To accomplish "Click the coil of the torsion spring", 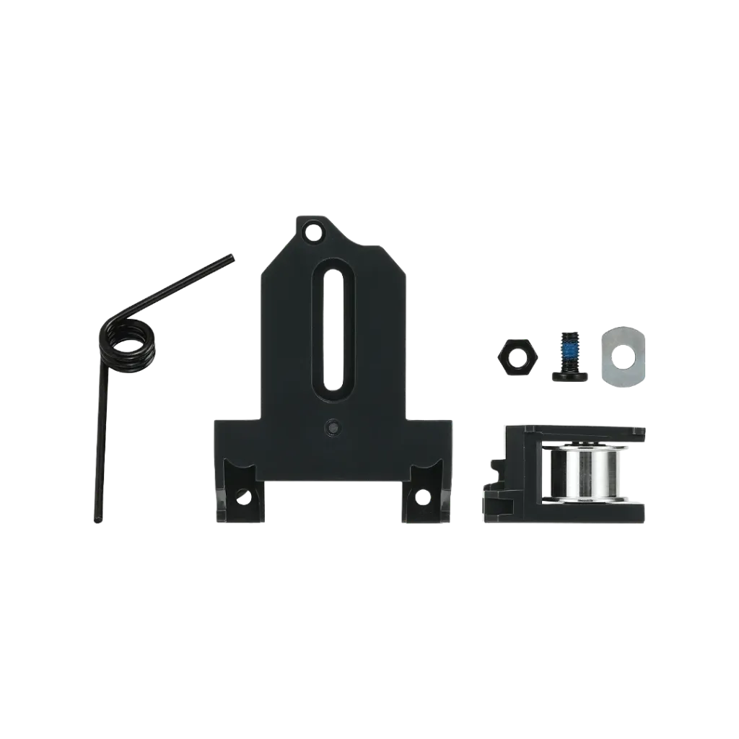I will coord(128,343).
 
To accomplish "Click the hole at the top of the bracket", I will coord(312,232).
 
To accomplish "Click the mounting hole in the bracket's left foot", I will coord(243,497).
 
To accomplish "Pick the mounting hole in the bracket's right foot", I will coord(421,497).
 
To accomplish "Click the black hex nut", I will coord(517,355).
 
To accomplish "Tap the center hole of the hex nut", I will coord(517,354).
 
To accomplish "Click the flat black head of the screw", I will coord(569,375).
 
